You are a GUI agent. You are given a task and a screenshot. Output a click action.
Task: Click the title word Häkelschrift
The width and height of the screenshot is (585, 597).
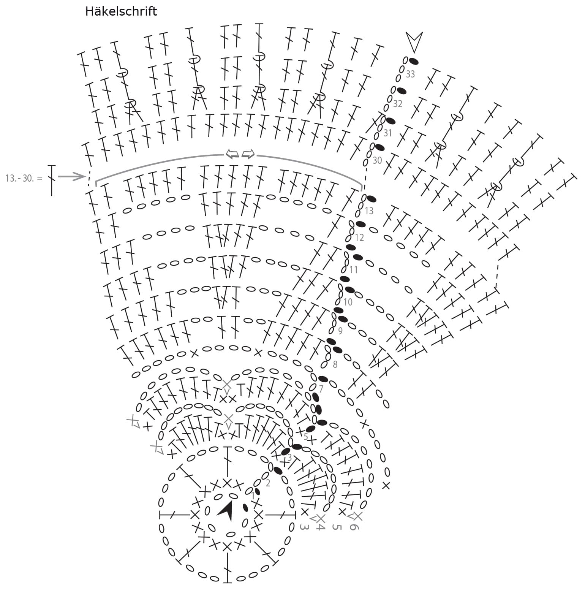(121, 11)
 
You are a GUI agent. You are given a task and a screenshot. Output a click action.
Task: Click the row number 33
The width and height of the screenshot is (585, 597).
(410, 74)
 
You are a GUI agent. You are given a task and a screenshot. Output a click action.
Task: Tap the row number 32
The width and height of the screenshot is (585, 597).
(397, 104)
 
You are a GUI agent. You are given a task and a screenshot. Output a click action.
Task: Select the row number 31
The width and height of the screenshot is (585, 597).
(387, 133)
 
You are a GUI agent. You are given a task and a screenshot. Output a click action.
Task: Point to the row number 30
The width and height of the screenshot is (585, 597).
(377, 160)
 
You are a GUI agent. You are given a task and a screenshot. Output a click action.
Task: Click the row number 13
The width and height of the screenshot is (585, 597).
(369, 211)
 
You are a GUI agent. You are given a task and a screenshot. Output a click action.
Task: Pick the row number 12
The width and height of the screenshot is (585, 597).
(359, 238)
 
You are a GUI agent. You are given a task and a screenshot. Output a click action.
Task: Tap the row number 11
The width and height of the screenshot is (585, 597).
(354, 270)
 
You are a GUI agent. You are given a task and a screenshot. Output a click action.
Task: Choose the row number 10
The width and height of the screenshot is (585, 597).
(348, 302)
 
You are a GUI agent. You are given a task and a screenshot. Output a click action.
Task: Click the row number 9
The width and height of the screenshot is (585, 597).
(340, 331)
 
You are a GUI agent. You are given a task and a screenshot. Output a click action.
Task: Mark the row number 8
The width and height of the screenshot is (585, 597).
(335, 365)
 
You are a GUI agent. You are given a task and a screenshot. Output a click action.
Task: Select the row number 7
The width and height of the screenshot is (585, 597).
(321, 389)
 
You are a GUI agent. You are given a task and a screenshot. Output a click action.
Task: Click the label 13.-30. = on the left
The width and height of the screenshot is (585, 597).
(24, 178)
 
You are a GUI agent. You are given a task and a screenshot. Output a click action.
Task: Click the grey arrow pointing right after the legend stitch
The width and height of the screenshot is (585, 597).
(71, 176)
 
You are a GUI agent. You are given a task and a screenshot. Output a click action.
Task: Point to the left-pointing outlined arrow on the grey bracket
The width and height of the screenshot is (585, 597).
(232, 154)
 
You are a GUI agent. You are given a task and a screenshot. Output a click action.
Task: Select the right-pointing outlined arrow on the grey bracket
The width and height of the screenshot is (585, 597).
(248, 154)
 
